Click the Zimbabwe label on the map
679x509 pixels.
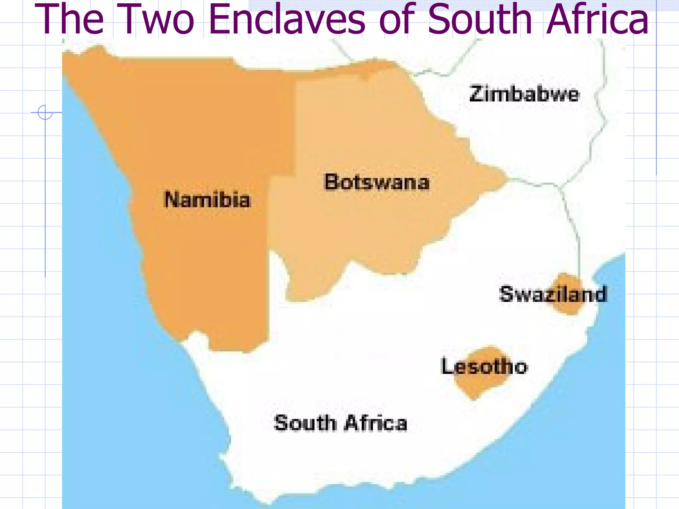(x=525, y=94)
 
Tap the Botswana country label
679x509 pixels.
(x=377, y=182)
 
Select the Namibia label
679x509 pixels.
(x=208, y=200)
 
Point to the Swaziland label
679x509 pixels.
(x=553, y=294)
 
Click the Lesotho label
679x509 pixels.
(x=484, y=367)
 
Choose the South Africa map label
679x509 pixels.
(x=340, y=423)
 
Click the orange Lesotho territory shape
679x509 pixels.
(x=477, y=384)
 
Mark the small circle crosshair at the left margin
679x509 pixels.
(x=45, y=112)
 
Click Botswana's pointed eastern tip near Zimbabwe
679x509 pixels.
(x=504, y=180)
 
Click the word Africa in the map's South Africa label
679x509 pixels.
(x=376, y=423)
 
